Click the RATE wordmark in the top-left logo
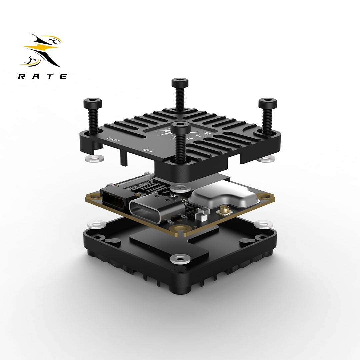tap(43, 76)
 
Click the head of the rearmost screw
tap(180, 83)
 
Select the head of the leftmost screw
tap(93, 103)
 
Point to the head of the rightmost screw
tap(267, 103)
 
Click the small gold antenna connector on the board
tap(221, 211)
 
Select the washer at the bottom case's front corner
tap(180, 258)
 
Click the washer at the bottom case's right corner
tap(263, 224)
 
